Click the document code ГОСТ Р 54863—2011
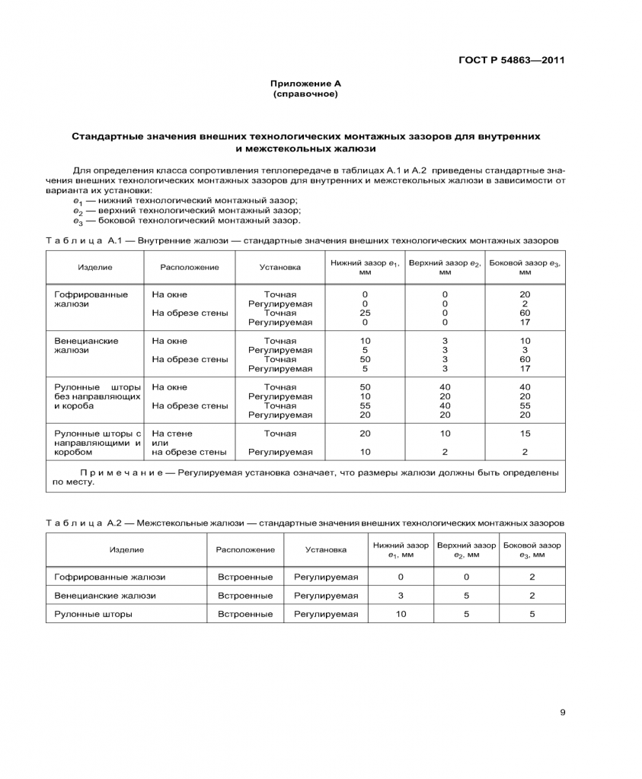click(x=512, y=61)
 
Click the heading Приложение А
click(x=305, y=84)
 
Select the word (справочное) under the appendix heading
click(x=305, y=94)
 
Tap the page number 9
click(x=562, y=713)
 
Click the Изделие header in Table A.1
click(x=95, y=267)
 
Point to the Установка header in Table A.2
click(x=326, y=549)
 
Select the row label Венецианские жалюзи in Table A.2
click(x=105, y=596)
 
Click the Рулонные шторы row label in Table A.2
click(x=93, y=614)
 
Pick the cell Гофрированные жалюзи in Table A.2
click(x=110, y=577)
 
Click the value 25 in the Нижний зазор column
click(x=365, y=313)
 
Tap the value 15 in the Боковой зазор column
click(x=525, y=434)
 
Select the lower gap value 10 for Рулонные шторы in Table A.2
click(x=401, y=614)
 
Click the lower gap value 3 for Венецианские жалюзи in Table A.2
click(x=401, y=596)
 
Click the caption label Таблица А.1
click(x=84, y=240)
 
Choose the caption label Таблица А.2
click(x=84, y=523)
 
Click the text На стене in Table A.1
click(x=172, y=434)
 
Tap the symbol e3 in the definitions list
click(x=78, y=221)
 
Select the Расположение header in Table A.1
click(x=190, y=267)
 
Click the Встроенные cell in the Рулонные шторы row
click(x=245, y=614)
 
